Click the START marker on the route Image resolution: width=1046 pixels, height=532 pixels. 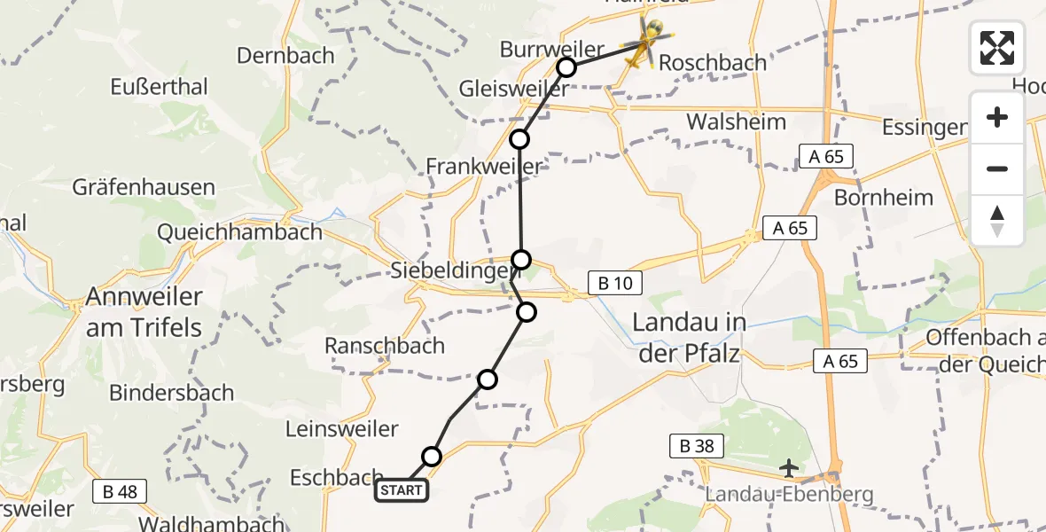[402, 490]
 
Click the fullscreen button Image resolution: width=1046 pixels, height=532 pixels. [997, 48]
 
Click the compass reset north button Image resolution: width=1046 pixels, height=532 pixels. [997, 221]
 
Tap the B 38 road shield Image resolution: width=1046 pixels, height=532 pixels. [698, 446]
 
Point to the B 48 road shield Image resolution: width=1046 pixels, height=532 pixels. [120, 491]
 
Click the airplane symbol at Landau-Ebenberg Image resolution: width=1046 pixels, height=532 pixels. [788, 467]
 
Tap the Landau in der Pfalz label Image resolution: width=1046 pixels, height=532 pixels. [690, 339]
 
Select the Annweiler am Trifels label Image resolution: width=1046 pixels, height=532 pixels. [144, 312]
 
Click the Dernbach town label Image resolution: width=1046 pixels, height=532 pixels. [285, 55]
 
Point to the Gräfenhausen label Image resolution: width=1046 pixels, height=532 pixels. [144, 187]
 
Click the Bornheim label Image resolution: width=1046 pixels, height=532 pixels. [884, 197]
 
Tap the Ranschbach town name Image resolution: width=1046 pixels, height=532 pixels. [384, 347]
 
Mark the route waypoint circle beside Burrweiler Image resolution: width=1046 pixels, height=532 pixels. [566, 67]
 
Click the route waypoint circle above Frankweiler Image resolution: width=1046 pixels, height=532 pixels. [519, 139]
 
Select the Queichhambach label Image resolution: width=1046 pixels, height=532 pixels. [239, 232]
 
